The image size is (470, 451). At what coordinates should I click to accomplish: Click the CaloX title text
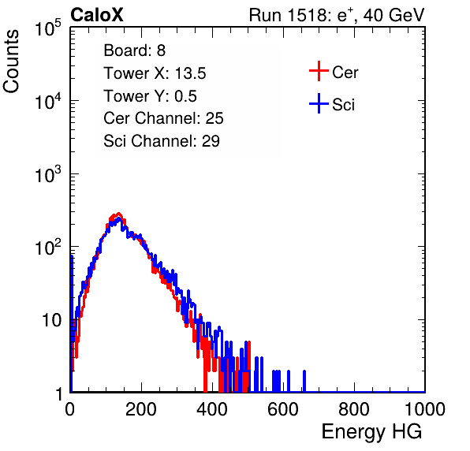97,15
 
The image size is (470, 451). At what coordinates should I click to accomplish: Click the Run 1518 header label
337,15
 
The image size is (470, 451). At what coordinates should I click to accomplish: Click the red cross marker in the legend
319,71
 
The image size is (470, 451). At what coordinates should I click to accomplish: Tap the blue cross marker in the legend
319,103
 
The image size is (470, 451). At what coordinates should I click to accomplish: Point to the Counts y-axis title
11,61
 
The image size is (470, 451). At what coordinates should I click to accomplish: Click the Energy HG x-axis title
371,431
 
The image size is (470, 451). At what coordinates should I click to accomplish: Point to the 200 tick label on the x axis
141,409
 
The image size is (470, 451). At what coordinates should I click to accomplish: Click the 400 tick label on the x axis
212,409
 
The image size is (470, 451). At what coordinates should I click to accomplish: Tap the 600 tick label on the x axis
283,409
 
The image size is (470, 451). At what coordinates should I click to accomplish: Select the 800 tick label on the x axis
354,409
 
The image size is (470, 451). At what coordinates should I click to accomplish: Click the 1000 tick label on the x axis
425,409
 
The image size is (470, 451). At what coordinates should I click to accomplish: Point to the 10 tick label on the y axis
52,320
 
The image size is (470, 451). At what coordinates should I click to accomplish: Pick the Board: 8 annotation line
135,50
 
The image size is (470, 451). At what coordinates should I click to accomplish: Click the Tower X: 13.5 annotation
155,73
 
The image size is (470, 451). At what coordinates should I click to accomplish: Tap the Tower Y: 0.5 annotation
150,96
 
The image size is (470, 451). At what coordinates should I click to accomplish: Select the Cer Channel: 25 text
163,118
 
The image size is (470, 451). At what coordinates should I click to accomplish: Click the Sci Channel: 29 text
162,141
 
